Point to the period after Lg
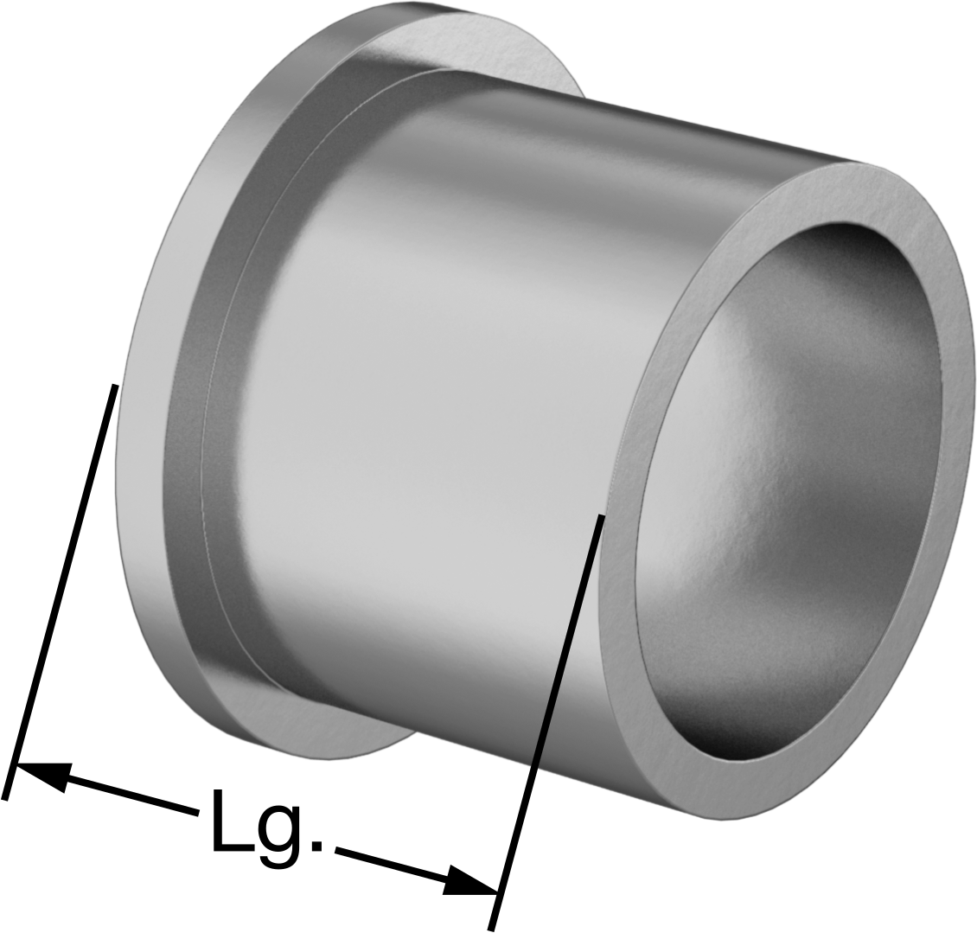[317, 845]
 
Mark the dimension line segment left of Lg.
[107, 790]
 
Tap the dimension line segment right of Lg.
[416, 869]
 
